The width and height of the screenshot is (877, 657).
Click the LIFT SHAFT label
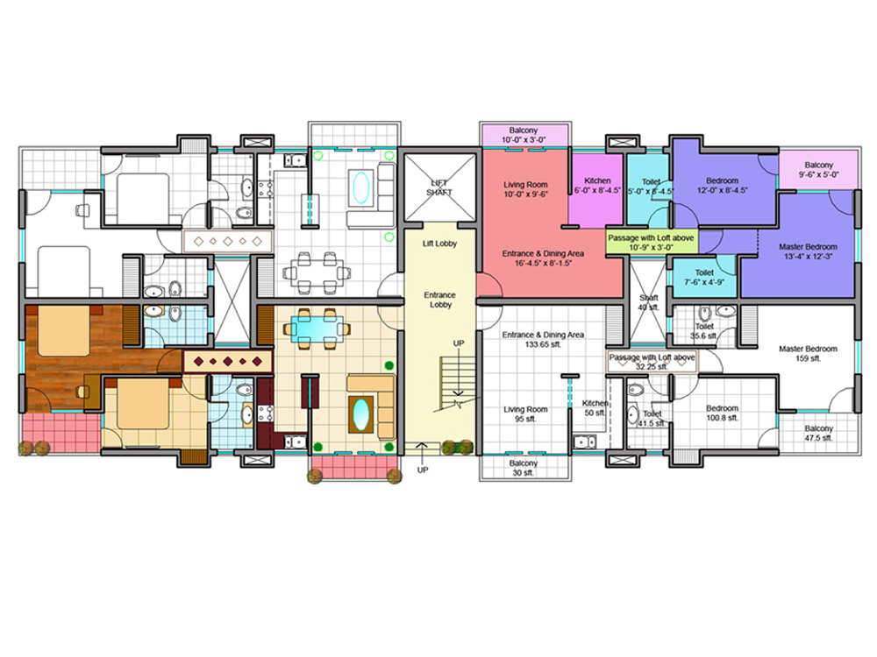pyautogui.click(x=439, y=187)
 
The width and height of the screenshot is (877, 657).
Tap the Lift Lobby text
pyautogui.click(x=439, y=244)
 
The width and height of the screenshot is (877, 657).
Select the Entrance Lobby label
pyautogui.click(x=439, y=300)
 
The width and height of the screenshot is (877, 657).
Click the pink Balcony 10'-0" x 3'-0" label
pyautogui.click(x=524, y=135)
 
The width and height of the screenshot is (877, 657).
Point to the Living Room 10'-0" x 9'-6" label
pyautogui.click(x=525, y=189)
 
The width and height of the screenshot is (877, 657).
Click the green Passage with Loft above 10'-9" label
pyautogui.click(x=651, y=243)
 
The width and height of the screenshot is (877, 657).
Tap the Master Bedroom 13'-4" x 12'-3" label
pyautogui.click(x=809, y=251)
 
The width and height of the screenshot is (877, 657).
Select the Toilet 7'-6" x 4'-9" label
pyautogui.click(x=704, y=277)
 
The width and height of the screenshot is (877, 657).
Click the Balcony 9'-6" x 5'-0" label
pyautogui.click(x=819, y=169)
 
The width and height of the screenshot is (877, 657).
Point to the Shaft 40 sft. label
pyautogui.click(x=649, y=303)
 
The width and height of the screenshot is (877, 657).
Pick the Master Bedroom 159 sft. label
pyautogui.click(x=809, y=353)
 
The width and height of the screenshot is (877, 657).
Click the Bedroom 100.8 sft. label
pyautogui.click(x=722, y=413)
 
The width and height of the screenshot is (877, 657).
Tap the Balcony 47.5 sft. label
pyautogui.click(x=819, y=433)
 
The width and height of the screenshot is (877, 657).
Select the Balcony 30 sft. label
pyautogui.click(x=524, y=468)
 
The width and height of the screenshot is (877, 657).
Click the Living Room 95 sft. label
pyautogui.click(x=525, y=414)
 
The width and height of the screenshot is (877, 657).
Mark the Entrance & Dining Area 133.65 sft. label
pyautogui.click(x=543, y=340)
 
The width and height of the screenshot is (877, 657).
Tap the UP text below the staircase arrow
pyautogui.click(x=423, y=470)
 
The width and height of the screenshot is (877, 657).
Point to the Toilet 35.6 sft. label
pyautogui.click(x=705, y=331)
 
